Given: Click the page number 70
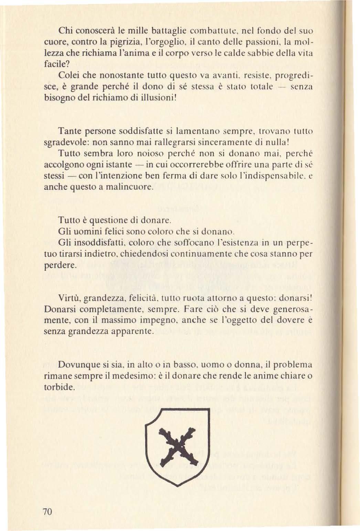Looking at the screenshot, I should coord(47,511).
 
